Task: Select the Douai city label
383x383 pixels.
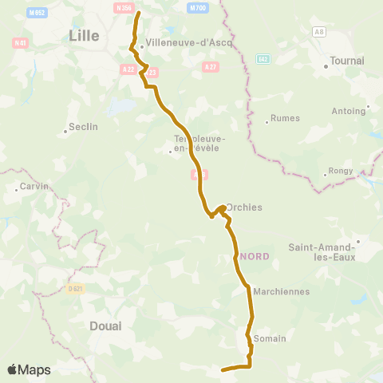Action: (x=105, y=326)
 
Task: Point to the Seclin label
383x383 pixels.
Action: (x=83, y=126)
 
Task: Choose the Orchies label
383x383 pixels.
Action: (x=243, y=207)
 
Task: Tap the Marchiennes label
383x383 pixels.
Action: (x=281, y=291)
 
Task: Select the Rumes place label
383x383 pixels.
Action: (x=285, y=118)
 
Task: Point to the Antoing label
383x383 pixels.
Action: (x=349, y=111)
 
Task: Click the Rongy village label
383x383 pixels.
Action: (x=339, y=172)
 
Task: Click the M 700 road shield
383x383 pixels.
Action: (x=197, y=7)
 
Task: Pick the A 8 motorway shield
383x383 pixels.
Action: (x=320, y=31)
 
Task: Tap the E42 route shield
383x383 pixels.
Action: (x=263, y=59)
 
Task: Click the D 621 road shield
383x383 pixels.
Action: (x=74, y=288)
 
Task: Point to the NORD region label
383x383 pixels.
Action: (x=255, y=256)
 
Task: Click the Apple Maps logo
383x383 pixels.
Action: (x=29, y=369)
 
